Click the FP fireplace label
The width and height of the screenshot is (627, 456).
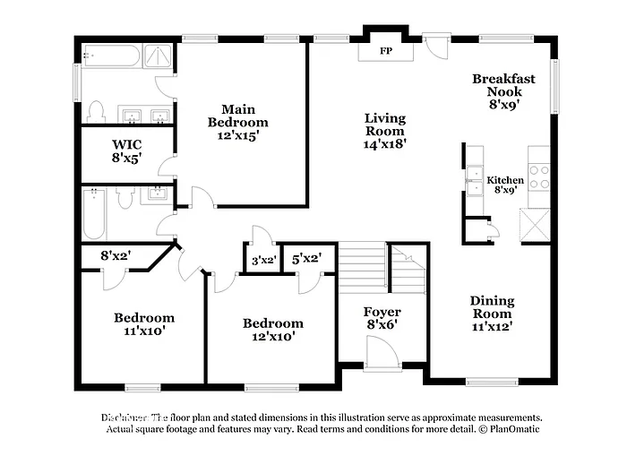point(386,51)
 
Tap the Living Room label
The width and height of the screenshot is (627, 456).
point(384,131)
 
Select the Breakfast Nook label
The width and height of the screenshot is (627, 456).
point(505,90)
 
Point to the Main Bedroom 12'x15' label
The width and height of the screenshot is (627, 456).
point(237,122)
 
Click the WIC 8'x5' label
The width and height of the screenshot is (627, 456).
point(125,151)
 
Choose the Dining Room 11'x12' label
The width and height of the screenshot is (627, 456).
point(492,314)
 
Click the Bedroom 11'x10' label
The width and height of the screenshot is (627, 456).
point(143,323)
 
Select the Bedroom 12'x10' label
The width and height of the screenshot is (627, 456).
point(272,330)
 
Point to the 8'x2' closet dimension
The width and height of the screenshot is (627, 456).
point(116,256)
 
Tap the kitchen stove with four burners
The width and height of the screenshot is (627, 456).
point(539,176)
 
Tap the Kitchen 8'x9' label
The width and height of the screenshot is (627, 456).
point(505,185)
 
